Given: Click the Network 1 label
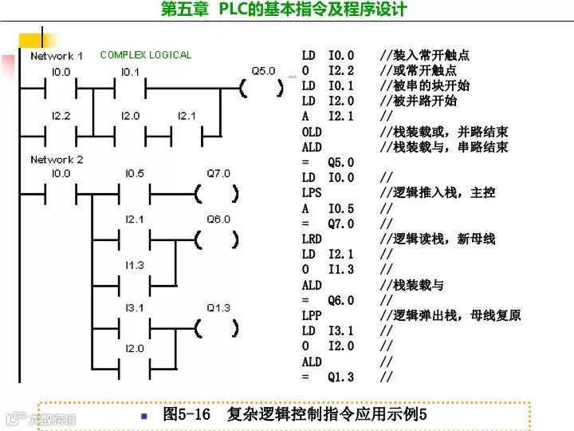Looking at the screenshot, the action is [56, 56].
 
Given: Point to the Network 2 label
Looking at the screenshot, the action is [56, 160].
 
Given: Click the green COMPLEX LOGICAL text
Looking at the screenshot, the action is [146, 55].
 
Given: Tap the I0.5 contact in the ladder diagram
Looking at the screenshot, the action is [133, 192].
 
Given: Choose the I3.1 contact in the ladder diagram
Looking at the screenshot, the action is [133, 327].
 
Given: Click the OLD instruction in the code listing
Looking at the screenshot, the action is [312, 132].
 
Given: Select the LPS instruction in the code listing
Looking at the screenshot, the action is [312, 193].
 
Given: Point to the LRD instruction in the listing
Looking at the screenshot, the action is [312, 239].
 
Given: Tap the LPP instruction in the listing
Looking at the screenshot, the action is [312, 315].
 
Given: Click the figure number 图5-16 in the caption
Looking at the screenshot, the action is [186, 415].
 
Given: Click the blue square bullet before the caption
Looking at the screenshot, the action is [144, 416].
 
